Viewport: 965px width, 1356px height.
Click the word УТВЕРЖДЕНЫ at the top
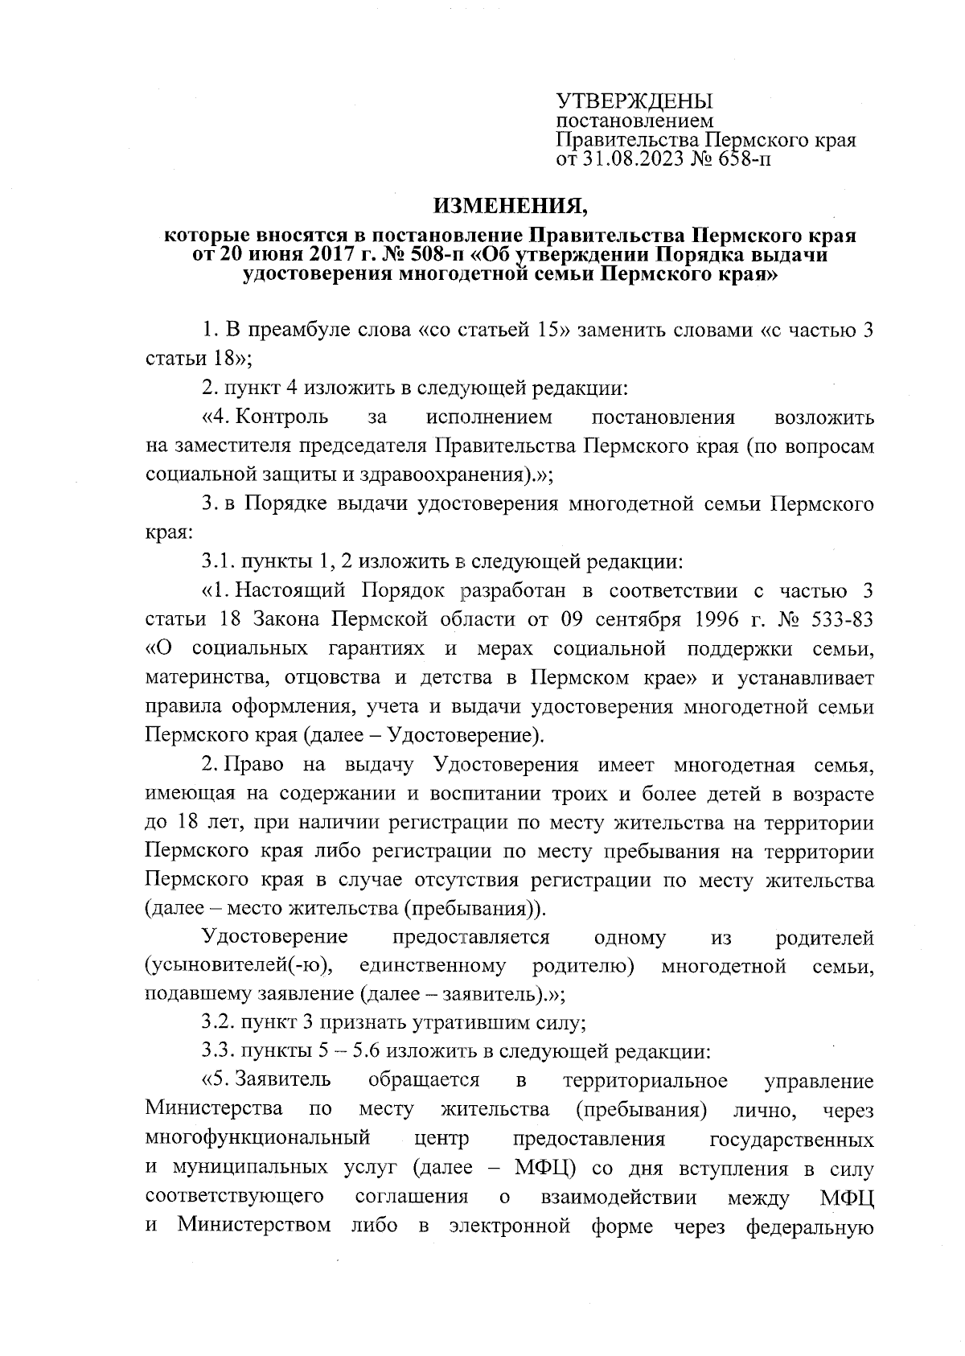pyautogui.click(x=635, y=102)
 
